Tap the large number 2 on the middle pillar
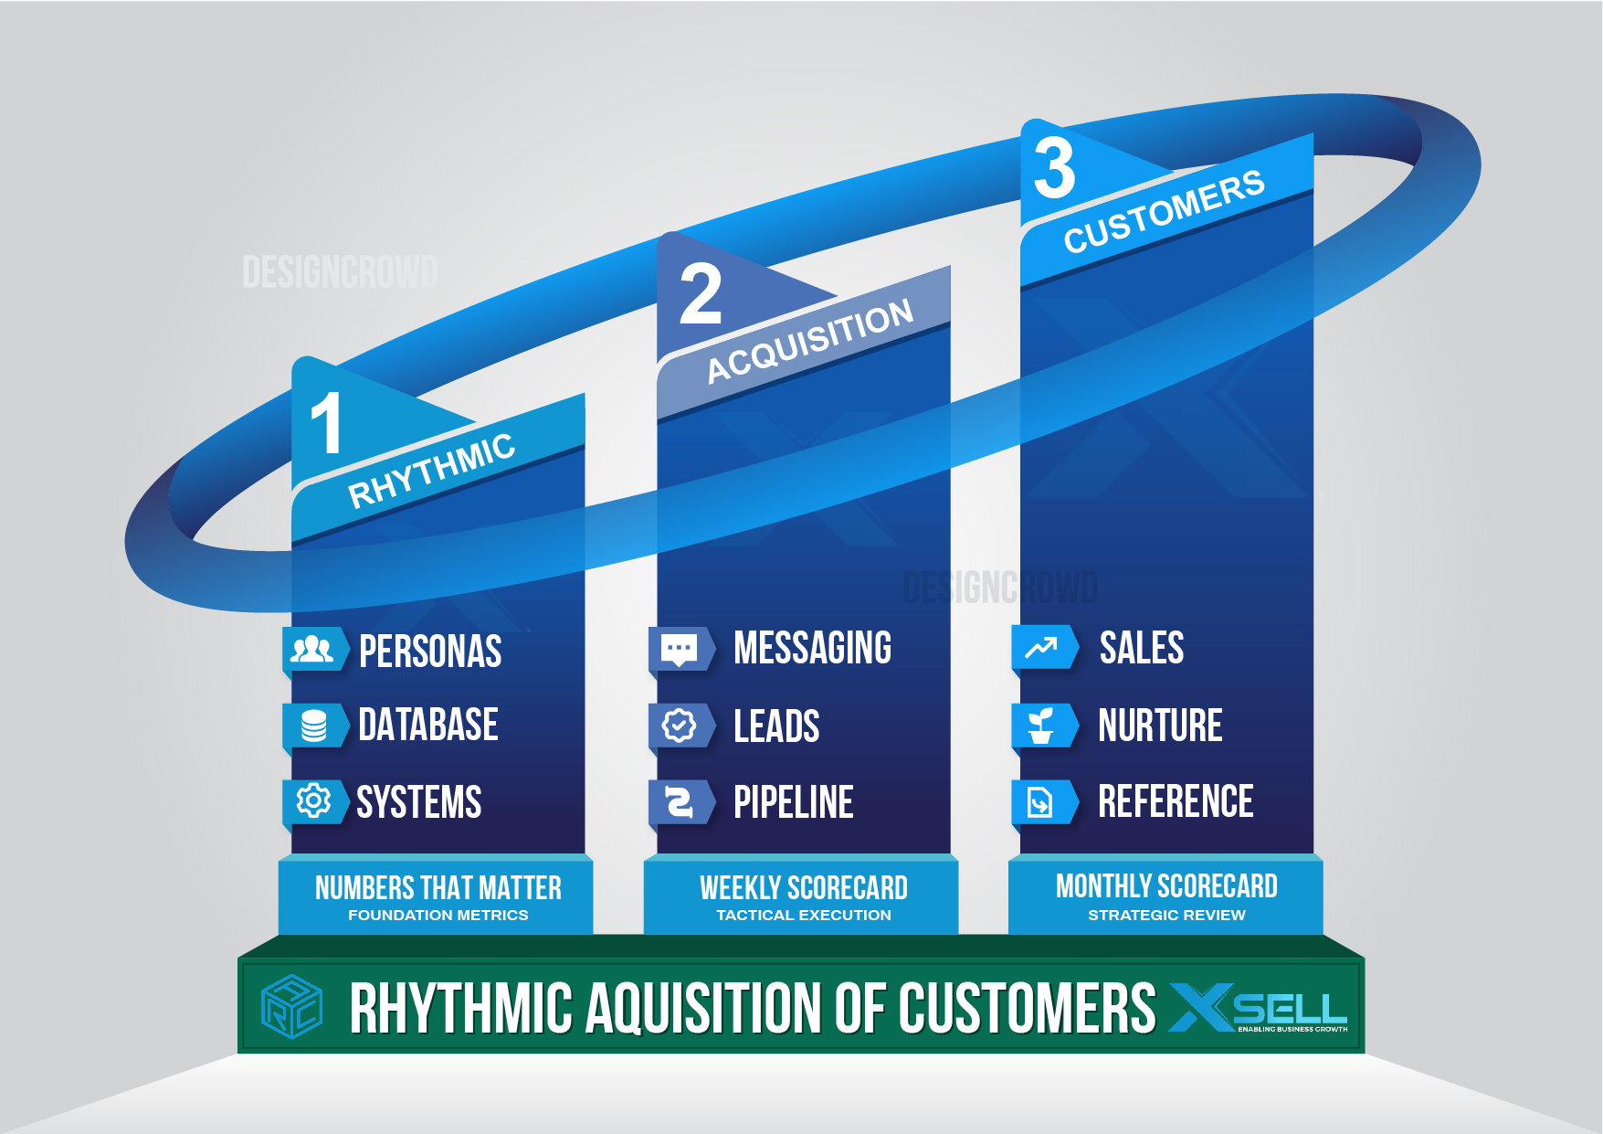(x=701, y=294)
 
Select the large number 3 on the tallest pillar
(x=1055, y=168)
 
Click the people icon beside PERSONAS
(x=312, y=650)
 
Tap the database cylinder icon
(x=313, y=726)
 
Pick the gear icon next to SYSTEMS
(x=313, y=801)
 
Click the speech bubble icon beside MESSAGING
(x=679, y=649)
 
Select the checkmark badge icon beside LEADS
(x=679, y=726)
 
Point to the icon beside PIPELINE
(x=679, y=802)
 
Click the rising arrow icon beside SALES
(x=1041, y=648)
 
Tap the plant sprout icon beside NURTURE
(x=1041, y=726)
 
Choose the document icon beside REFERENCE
(x=1041, y=802)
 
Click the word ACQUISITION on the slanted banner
(x=810, y=340)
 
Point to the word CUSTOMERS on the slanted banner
(x=1164, y=211)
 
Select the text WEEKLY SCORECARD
(x=803, y=887)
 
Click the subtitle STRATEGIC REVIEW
(x=1166, y=915)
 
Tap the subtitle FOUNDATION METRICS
(x=438, y=915)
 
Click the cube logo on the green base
(x=291, y=1006)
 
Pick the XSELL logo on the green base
(x=1258, y=1008)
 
